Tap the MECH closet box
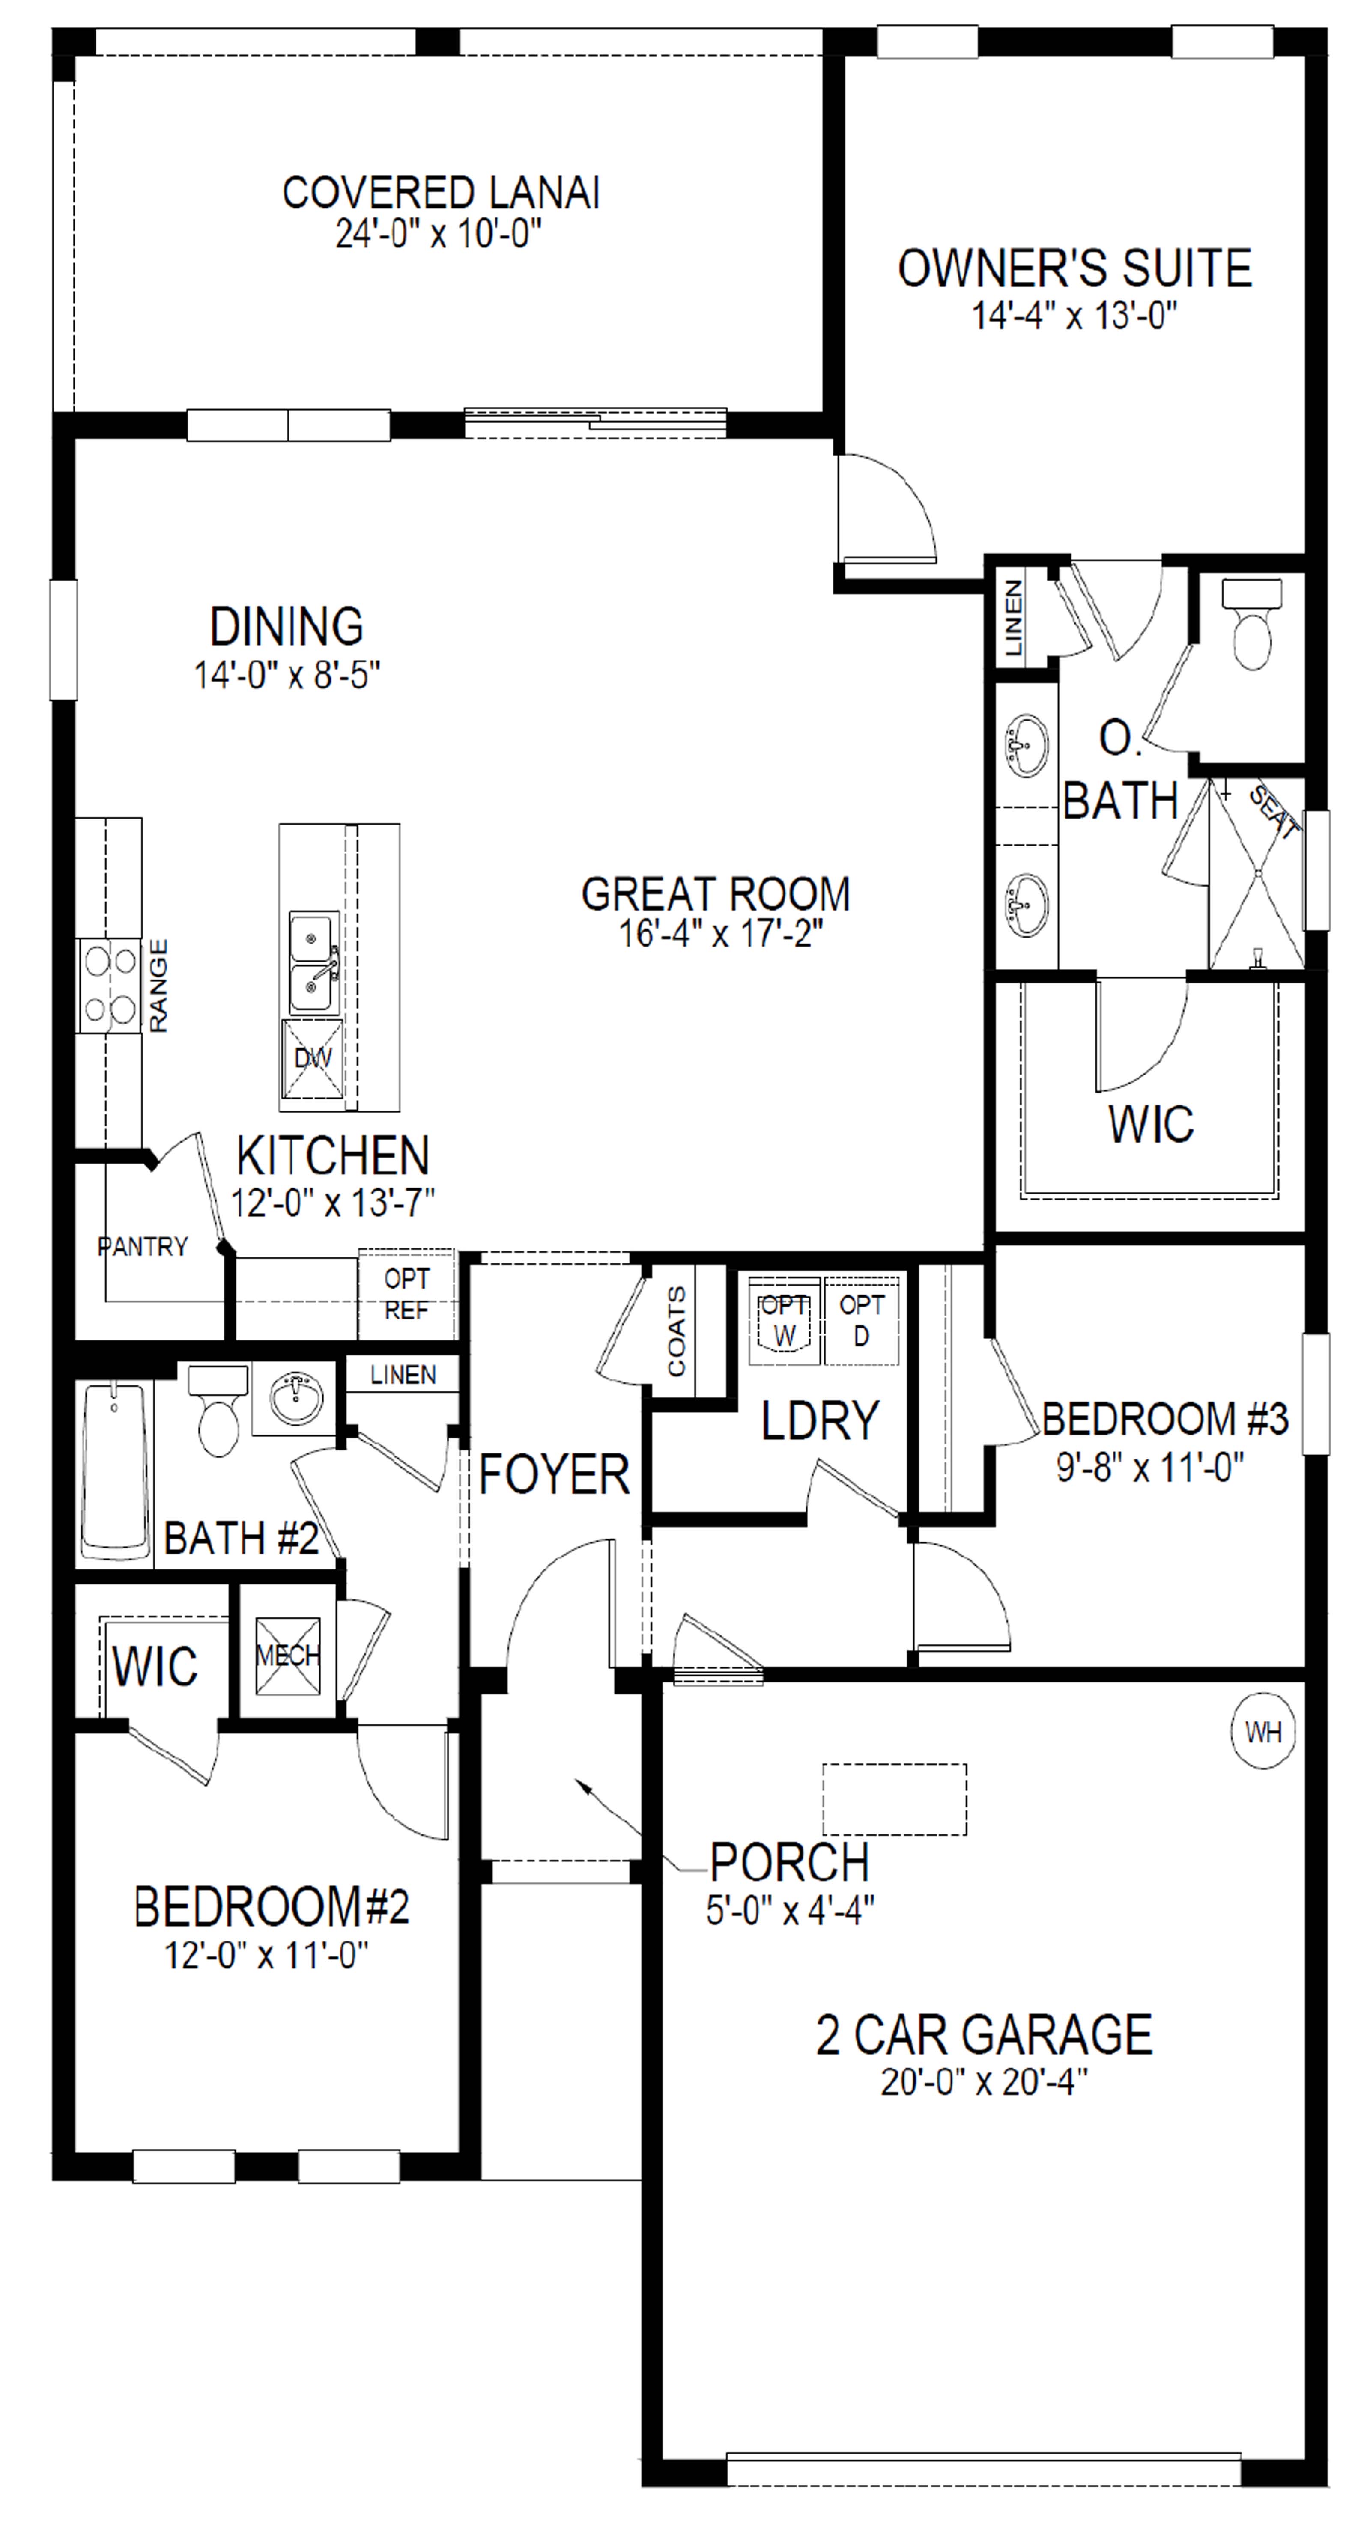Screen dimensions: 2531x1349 tap(288, 1656)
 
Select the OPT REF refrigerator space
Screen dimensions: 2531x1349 tap(406, 1294)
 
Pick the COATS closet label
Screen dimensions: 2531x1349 tap(676, 1331)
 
